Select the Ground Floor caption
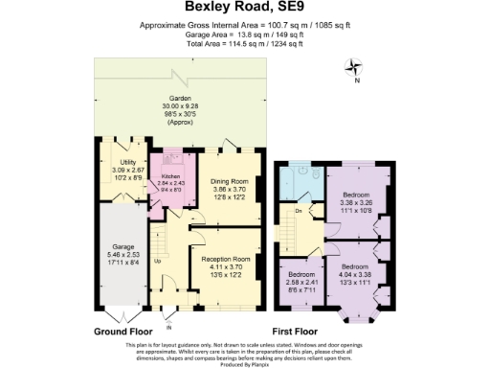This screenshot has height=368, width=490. pos(124,332)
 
